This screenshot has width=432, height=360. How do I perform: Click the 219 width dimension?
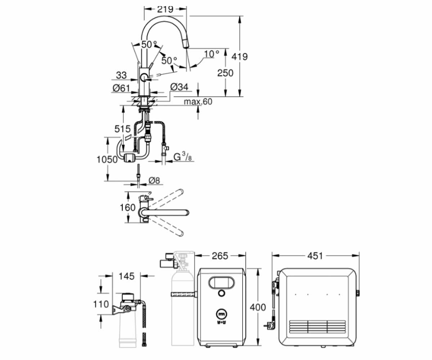[x=165, y=9]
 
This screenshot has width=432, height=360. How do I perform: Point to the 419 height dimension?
[x=239, y=57]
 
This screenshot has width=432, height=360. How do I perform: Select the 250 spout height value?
[x=225, y=73]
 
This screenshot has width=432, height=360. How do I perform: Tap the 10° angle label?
[x=211, y=54]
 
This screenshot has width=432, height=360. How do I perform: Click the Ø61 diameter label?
[x=121, y=88]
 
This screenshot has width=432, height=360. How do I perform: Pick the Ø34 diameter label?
[x=179, y=87]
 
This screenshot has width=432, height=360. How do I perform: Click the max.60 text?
[x=198, y=102]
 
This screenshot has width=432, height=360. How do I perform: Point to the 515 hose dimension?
[x=122, y=129]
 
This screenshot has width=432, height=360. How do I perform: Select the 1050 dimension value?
[x=107, y=159]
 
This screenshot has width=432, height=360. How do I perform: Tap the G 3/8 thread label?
[x=183, y=157]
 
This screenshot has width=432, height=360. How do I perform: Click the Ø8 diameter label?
[x=154, y=180]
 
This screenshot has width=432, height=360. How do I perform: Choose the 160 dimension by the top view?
[x=128, y=207]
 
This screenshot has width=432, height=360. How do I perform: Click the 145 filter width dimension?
[x=127, y=276]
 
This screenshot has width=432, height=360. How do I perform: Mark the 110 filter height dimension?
[x=101, y=304]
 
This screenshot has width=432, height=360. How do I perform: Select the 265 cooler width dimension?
[x=220, y=256]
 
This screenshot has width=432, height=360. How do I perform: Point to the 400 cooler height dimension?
[x=258, y=307]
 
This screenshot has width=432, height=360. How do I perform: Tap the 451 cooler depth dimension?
[x=315, y=256]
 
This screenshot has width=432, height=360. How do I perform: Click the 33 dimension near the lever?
[x=121, y=75]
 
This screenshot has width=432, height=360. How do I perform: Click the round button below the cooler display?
[x=221, y=293]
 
